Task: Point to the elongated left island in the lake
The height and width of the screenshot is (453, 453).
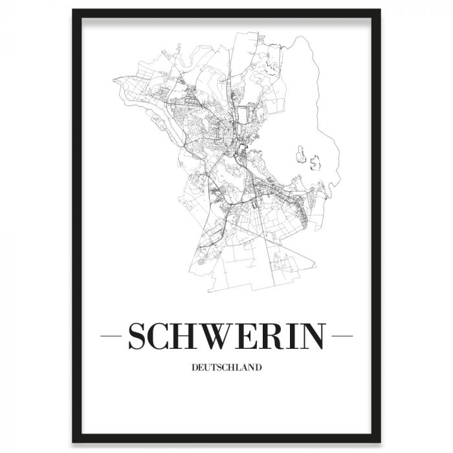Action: [x=300, y=154]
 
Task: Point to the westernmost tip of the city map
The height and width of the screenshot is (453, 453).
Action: [x=113, y=80]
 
